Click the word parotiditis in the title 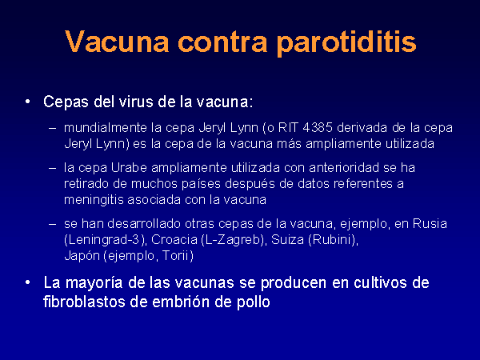(x=346, y=42)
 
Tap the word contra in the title (x=222, y=42)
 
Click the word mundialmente (x=106, y=128)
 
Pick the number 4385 (x=318, y=128)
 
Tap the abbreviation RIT (x=288, y=128)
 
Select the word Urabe (x=129, y=168)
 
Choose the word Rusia (x=430, y=224)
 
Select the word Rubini (x=332, y=240)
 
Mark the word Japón (x=82, y=256)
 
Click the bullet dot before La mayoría (x=28, y=282)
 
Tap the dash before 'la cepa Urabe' (x=52, y=168)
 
